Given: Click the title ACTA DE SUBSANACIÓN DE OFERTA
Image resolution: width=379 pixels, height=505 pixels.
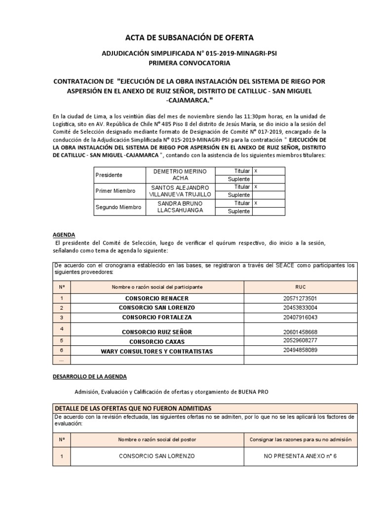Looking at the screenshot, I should click(189, 37).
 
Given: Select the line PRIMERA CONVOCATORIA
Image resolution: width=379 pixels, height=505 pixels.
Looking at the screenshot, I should click(189, 63).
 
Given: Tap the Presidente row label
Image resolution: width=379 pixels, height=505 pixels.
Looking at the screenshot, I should click(110, 175).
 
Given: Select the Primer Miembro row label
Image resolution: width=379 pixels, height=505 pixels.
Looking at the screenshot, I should click(114, 191).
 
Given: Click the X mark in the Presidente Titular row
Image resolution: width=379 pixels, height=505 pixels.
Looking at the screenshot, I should click(256, 171).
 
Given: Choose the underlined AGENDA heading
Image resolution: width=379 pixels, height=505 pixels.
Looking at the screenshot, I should click(64, 235).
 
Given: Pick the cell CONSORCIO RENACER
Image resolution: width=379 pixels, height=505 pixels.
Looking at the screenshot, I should click(157, 298).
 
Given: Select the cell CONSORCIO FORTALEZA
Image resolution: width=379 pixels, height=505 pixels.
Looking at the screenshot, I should click(157, 317).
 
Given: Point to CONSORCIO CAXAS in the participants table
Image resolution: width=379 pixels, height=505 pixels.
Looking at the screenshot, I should click(157, 341).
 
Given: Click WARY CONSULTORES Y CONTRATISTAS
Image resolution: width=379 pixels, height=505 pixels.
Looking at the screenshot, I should click(157, 351).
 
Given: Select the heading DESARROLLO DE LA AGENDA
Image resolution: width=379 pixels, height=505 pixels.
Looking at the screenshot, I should click(90, 376).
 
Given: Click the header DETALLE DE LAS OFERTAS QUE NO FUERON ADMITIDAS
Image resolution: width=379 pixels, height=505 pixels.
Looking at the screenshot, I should click(133, 408).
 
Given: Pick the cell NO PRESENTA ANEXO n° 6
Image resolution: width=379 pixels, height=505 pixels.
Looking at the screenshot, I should click(300, 456).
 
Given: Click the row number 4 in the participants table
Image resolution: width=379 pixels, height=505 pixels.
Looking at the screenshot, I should click(61, 328).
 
